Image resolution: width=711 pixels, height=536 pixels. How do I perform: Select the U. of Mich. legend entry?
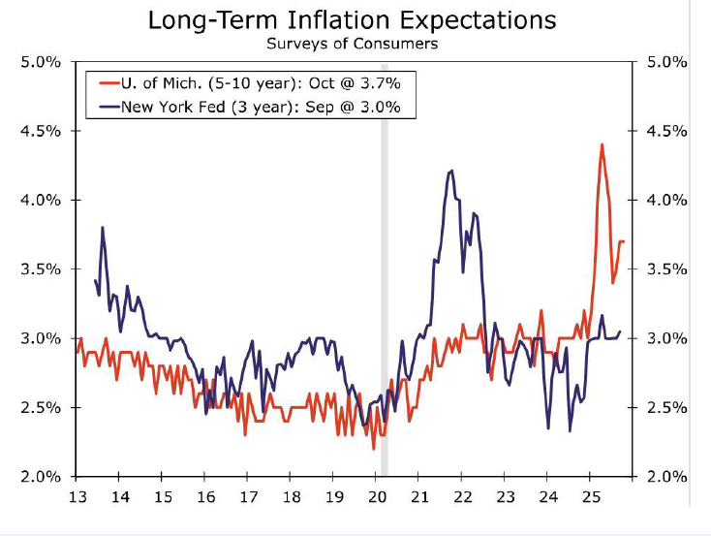251,81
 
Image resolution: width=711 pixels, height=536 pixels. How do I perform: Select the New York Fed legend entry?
251,106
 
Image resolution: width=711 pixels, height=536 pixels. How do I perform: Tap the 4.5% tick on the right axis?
667,131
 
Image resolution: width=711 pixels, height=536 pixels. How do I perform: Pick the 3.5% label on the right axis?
667,269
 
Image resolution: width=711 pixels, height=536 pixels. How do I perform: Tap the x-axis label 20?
375,497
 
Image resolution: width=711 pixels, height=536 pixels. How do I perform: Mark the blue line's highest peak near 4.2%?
451,172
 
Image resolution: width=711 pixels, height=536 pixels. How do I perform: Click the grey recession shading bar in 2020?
384,291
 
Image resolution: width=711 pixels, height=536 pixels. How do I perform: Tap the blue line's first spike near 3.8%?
102,228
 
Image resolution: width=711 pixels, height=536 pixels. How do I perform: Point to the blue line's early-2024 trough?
547,428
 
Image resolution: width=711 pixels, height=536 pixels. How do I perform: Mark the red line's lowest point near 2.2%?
374,449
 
